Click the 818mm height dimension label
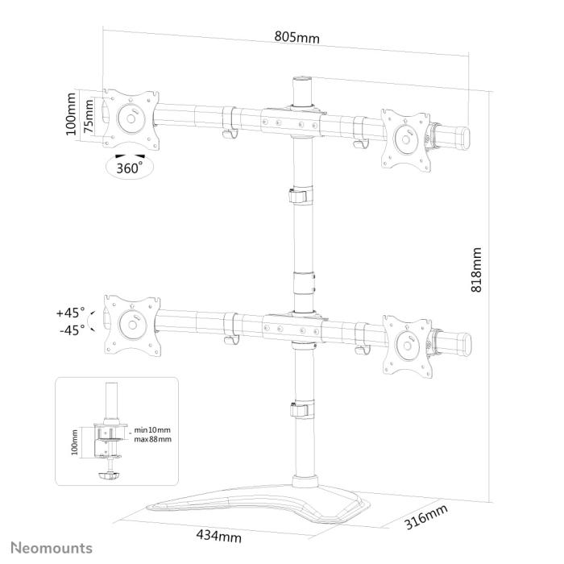(476, 269)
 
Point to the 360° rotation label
(129, 168)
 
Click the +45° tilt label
(70, 313)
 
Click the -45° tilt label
(70, 330)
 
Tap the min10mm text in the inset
(152, 430)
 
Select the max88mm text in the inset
(152, 440)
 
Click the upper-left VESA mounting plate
(130, 118)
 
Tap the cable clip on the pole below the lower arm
(299, 408)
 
